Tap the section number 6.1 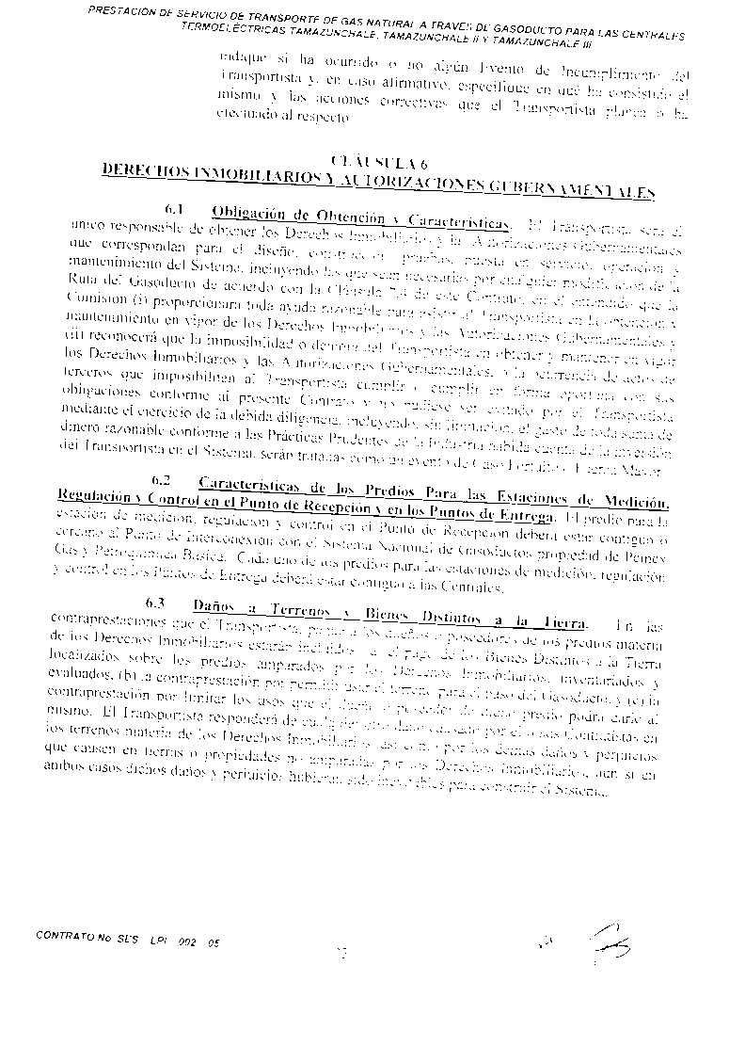(178, 209)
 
